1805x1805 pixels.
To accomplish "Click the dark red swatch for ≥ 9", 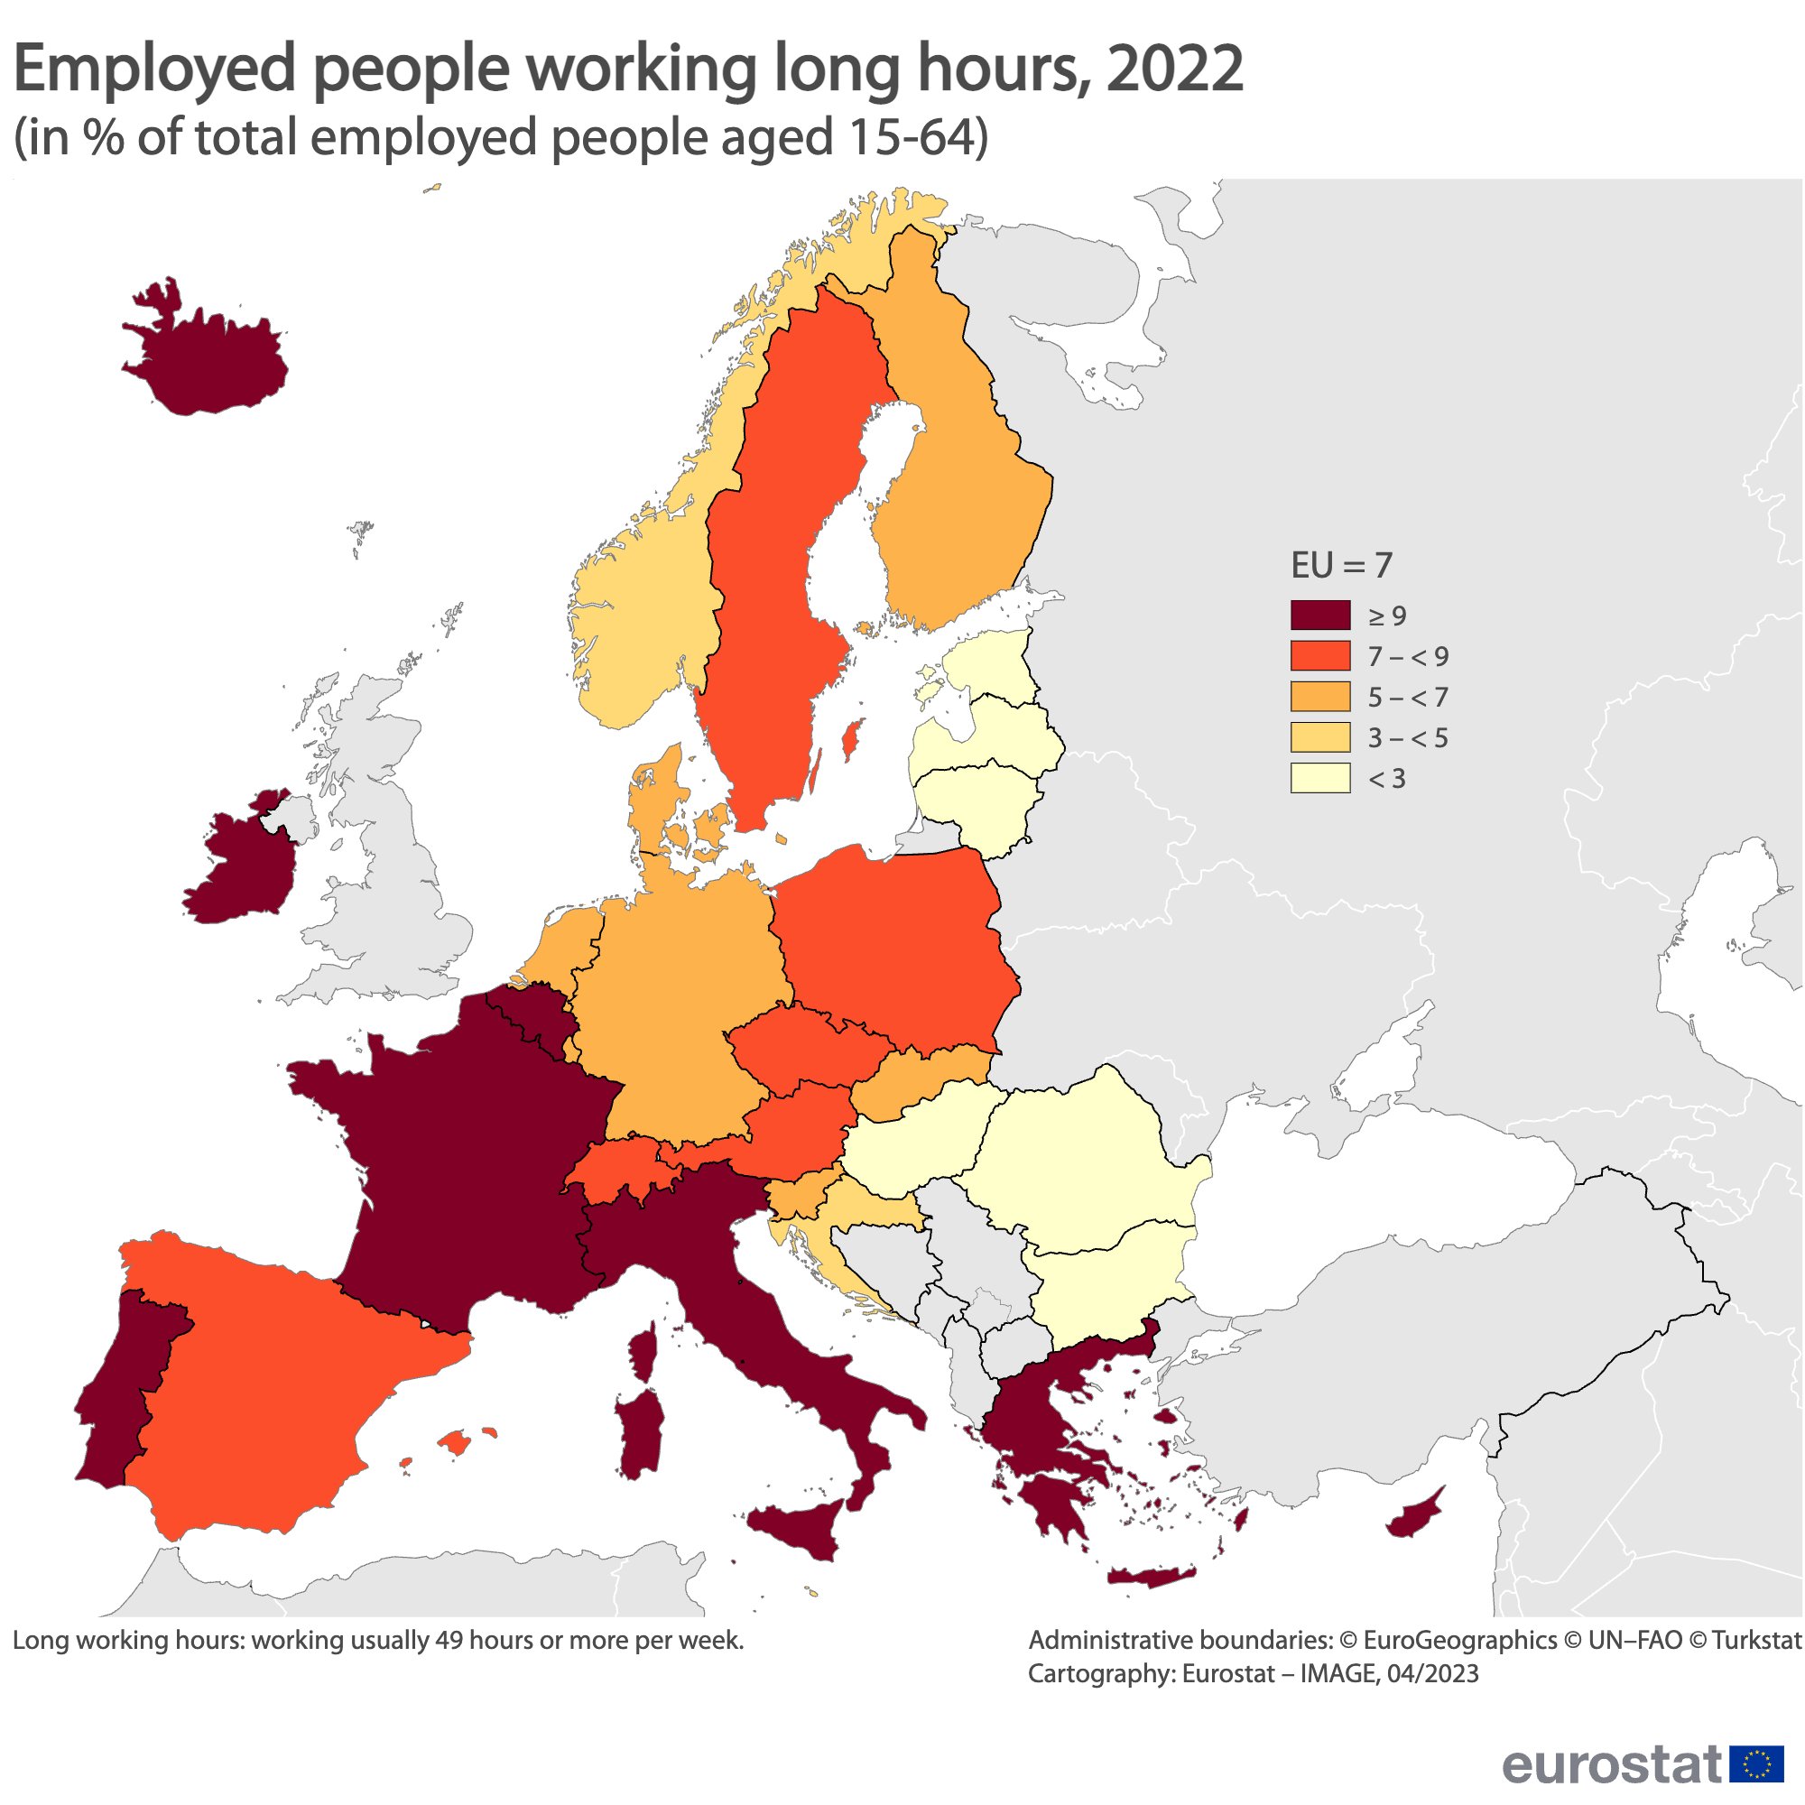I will click(1319, 616).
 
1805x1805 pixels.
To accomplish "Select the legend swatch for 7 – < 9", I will click(1319, 656).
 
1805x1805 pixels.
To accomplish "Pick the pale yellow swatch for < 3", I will click(1319, 778).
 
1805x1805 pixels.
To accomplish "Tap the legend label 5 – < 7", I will click(1407, 697).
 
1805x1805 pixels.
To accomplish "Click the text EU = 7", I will click(1341, 565).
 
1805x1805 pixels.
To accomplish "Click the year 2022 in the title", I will click(1175, 70).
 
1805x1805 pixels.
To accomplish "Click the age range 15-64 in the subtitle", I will click(911, 138).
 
